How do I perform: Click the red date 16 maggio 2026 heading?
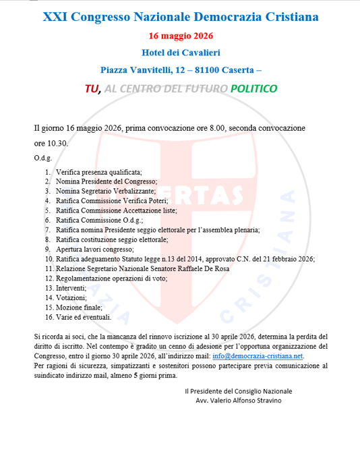[180, 35]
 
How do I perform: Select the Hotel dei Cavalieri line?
[180, 52]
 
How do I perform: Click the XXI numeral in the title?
[56, 16]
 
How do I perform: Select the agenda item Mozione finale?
[80, 306]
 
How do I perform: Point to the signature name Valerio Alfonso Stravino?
[239, 400]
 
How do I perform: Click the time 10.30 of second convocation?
[57, 143]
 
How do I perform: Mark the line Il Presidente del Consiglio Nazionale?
[238, 390]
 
